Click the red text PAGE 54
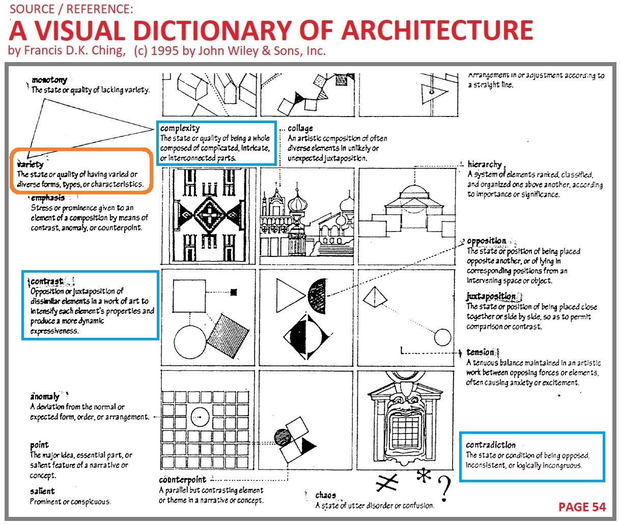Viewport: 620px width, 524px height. pos(582,507)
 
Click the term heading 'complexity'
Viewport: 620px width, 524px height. pos(180,128)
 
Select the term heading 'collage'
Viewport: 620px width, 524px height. pos(300,128)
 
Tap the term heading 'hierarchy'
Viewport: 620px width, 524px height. pos(485,164)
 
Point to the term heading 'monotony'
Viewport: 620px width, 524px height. pos(49,80)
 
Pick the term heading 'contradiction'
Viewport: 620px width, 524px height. pos(491,445)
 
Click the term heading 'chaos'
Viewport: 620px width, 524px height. pos(325,495)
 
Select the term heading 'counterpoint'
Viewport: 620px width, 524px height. pos(182,480)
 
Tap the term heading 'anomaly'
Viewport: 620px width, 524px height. pos(45,396)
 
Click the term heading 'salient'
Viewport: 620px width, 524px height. pos(42,491)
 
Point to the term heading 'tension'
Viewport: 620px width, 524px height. pos(480,352)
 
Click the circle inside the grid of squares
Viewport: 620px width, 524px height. pos(200,417)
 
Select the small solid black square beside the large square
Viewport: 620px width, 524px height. pos(234,292)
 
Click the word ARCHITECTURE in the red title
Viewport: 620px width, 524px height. pos(437,30)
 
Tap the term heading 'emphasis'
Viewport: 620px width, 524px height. pos(48,198)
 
